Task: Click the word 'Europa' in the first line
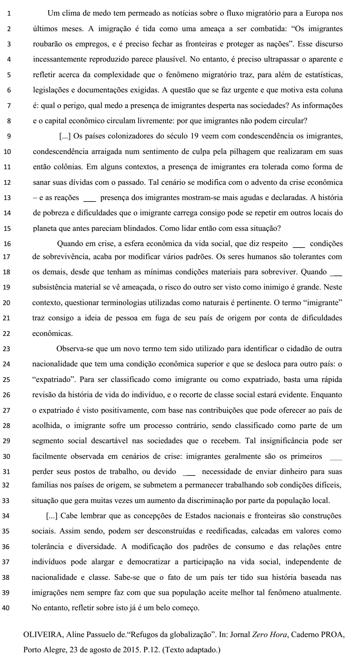tap(311, 14)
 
